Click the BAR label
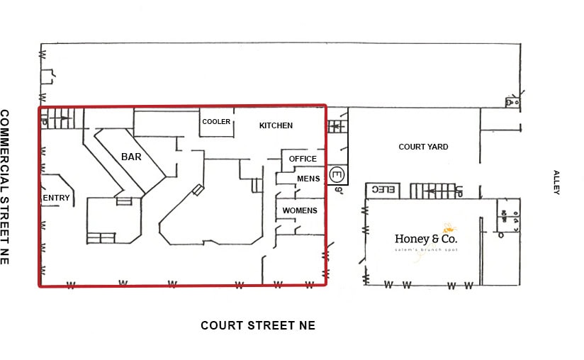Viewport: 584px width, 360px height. [131, 157]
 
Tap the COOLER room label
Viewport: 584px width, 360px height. [216, 122]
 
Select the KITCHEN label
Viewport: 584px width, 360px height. [276, 125]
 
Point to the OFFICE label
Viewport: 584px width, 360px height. [303, 159]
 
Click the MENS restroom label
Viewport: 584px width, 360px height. [308, 179]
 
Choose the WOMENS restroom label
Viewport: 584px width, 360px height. [300, 210]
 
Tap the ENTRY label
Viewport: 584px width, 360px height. [56, 198]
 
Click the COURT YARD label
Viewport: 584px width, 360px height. [423, 147]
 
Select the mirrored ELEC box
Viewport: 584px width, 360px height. [383, 190]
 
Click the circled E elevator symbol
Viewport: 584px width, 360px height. [337, 174]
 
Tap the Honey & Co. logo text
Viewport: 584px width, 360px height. [426, 239]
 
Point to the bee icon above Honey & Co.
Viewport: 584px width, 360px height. [449, 227]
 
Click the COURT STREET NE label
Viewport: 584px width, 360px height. [258, 325]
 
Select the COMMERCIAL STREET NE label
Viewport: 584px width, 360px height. [4, 187]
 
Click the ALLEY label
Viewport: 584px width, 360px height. [556, 182]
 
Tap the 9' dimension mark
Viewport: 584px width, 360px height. [339, 190]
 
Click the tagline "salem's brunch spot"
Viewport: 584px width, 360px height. [426, 249]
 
